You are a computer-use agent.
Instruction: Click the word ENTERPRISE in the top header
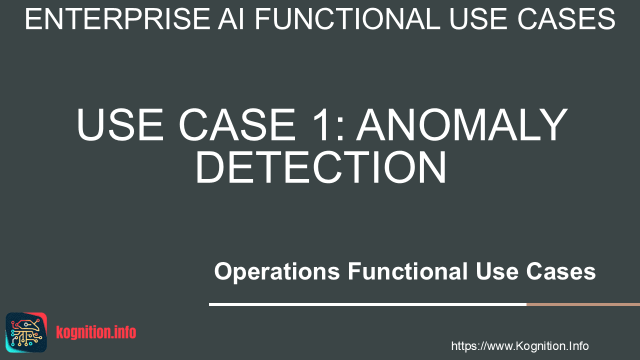click(x=117, y=19)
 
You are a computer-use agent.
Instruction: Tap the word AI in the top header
click(x=231, y=19)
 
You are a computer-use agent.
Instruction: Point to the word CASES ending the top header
click(x=566, y=19)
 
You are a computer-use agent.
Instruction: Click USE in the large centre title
click(x=120, y=124)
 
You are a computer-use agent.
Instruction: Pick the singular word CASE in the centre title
click(x=237, y=124)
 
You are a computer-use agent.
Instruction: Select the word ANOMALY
click(x=461, y=124)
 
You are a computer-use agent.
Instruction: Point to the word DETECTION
click(x=320, y=167)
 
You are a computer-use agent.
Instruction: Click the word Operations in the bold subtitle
click(x=277, y=271)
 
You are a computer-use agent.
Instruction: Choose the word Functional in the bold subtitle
click(x=407, y=271)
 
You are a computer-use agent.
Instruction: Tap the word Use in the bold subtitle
click(x=497, y=271)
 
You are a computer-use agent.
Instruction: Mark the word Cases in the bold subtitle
click(x=561, y=271)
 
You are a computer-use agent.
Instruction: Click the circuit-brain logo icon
click(x=26, y=332)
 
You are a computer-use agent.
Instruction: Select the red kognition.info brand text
click(x=96, y=332)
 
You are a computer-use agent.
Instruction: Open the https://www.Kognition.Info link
click(x=520, y=346)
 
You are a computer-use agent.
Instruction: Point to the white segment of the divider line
click(x=367, y=304)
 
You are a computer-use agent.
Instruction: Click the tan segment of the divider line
click(x=583, y=304)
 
